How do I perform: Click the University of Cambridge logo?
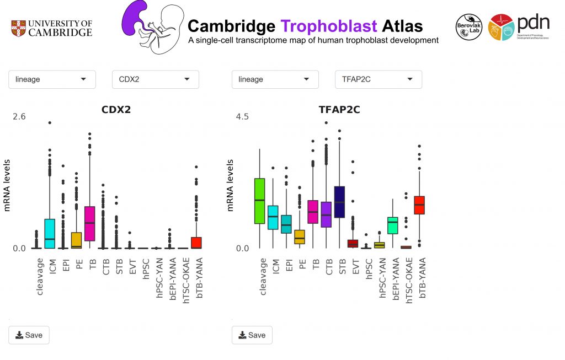52,28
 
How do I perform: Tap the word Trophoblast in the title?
329,26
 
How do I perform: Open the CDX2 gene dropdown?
155,79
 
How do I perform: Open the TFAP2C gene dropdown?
378,79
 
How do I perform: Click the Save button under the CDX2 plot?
29,335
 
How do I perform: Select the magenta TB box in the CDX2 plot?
89,223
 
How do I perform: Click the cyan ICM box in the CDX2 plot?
50,233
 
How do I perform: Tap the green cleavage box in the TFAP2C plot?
259,201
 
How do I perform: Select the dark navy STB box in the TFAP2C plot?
339,202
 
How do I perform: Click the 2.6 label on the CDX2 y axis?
19,116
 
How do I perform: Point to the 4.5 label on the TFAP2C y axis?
242,116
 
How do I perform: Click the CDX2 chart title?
116,110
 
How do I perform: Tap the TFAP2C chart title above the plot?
339,110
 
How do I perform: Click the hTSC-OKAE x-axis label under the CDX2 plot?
185,278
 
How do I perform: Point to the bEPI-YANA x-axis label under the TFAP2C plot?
393,278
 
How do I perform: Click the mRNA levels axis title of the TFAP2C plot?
231,185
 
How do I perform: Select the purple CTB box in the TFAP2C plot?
326,214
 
